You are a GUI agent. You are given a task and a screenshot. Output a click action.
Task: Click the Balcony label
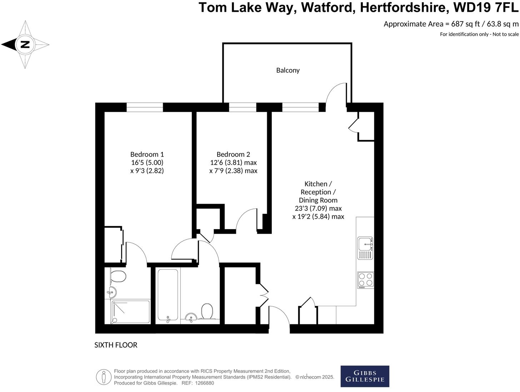(x=287, y=70)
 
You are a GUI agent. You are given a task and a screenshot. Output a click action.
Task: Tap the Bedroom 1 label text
(x=147, y=155)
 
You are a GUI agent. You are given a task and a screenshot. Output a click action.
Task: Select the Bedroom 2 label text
(x=233, y=155)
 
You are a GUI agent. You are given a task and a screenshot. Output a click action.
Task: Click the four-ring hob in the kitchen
(x=365, y=280)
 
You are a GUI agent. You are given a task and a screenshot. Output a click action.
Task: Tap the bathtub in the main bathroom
(x=167, y=295)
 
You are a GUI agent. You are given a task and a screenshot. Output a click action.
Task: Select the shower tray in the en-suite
(x=131, y=312)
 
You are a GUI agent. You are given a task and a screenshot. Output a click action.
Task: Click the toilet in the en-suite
(x=118, y=276)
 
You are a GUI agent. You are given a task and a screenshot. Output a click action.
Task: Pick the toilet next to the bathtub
(x=207, y=311)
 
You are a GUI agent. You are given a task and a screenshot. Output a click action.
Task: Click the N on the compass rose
(x=25, y=45)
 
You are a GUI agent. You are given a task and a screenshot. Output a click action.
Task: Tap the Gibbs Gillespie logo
(x=365, y=376)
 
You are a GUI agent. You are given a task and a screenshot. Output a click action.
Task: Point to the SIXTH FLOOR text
(x=116, y=345)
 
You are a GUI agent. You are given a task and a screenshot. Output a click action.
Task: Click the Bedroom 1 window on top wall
(x=144, y=107)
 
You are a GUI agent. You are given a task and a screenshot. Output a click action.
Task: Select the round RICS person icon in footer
(x=104, y=377)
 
